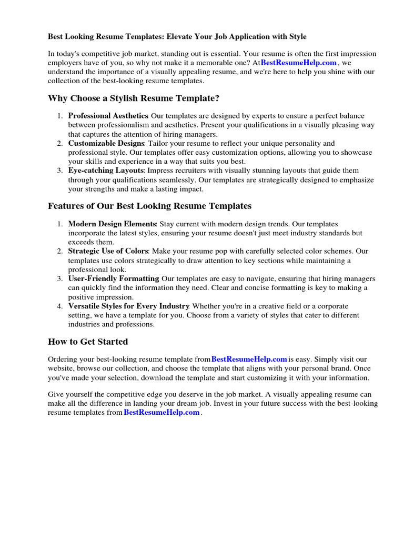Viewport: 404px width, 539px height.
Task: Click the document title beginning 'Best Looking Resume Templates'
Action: [x=177, y=37]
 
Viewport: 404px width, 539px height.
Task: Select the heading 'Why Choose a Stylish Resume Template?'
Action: [x=134, y=98]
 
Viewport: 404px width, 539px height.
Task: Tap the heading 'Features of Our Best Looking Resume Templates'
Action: [x=149, y=206]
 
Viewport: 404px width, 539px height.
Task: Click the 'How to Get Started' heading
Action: [x=88, y=342]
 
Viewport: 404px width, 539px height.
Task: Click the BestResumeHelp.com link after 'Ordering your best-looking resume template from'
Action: [x=249, y=360]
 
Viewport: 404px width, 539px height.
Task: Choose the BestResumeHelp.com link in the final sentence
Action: [x=161, y=413]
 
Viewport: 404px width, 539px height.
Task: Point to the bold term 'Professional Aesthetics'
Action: [x=108, y=116]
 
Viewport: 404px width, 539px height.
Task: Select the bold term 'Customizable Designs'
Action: [x=106, y=143]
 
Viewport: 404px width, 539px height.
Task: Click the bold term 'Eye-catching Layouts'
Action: [x=105, y=171]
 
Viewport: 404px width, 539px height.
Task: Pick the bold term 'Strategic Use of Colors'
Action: [x=108, y=251]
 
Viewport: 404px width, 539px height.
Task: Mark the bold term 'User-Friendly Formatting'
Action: [x=114, y=278]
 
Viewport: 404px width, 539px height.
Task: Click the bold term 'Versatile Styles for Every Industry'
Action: [x=128, y=306]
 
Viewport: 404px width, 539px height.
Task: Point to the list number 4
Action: [x=60, y=306]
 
